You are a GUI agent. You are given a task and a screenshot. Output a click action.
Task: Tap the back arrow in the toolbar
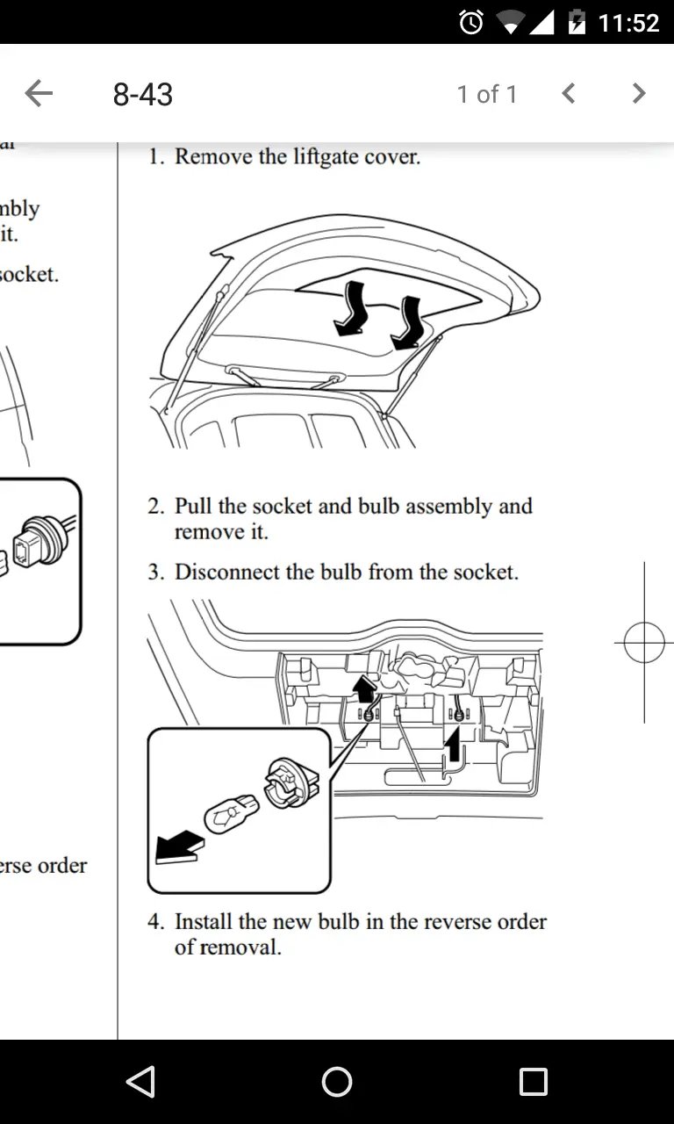pos(39,93)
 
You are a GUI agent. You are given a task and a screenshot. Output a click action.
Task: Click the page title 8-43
pos(143,94)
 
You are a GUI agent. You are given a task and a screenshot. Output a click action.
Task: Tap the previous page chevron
pos(569,93)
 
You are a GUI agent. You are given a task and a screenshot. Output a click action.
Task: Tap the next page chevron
pos(639,93)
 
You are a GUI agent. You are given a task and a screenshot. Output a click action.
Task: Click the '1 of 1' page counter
pos(487,94)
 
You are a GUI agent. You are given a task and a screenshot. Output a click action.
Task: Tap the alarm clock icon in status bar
pos(471,22)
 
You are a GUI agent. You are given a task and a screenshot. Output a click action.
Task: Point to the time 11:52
pos(628,22)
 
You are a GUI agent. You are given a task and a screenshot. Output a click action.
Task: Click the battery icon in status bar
pos(577,22)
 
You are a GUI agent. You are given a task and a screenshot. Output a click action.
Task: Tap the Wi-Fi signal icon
pos(510,23)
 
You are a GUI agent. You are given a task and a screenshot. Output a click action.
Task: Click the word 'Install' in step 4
pos(204,922)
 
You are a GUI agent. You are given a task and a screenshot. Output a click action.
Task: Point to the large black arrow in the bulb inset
pos(179,847)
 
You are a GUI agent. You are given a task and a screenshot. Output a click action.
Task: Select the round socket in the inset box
pos(286,780)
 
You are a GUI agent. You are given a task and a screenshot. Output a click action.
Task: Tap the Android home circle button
pos(337,1082)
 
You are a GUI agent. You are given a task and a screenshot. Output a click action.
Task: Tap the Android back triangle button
pos(140,1082)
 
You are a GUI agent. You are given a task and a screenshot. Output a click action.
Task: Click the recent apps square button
pos(533,1082)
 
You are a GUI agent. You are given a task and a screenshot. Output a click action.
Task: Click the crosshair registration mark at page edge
pos(644,644)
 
